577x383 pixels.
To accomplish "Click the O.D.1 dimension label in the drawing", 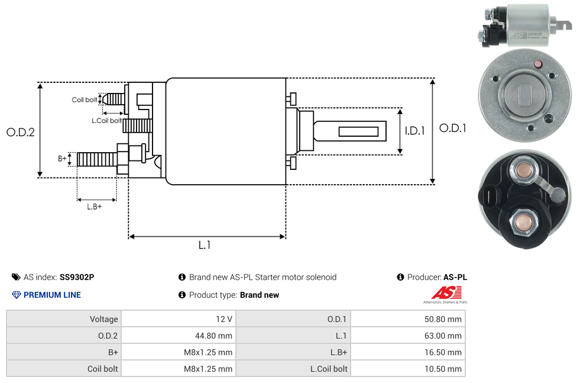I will click(452, 128).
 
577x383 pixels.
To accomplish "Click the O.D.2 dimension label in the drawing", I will click(21, 132).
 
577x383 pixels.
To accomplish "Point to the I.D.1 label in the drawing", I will click(414, 131).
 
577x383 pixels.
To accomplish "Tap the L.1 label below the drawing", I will click(205, 245).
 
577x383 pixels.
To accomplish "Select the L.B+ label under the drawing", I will click(95, 207).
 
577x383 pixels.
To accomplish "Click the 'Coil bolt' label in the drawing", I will click(85, 99).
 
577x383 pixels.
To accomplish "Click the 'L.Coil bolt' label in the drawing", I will click(106, 121).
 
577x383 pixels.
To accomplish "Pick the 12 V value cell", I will click(224, 319).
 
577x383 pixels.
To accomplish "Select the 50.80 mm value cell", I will click(446, 319).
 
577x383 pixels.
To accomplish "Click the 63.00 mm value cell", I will click(446, 336).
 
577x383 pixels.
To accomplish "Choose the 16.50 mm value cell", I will click(446, 352).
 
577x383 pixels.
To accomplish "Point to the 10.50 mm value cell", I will click(446, 369).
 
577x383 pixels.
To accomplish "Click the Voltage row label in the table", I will click(103, 319).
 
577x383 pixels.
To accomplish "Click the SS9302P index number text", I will click(77, 277).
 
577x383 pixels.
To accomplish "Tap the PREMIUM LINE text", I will click(52, 295).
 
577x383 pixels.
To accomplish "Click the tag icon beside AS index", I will click(16, 277).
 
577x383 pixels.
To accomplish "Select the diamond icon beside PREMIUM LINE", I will click(16, 295).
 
